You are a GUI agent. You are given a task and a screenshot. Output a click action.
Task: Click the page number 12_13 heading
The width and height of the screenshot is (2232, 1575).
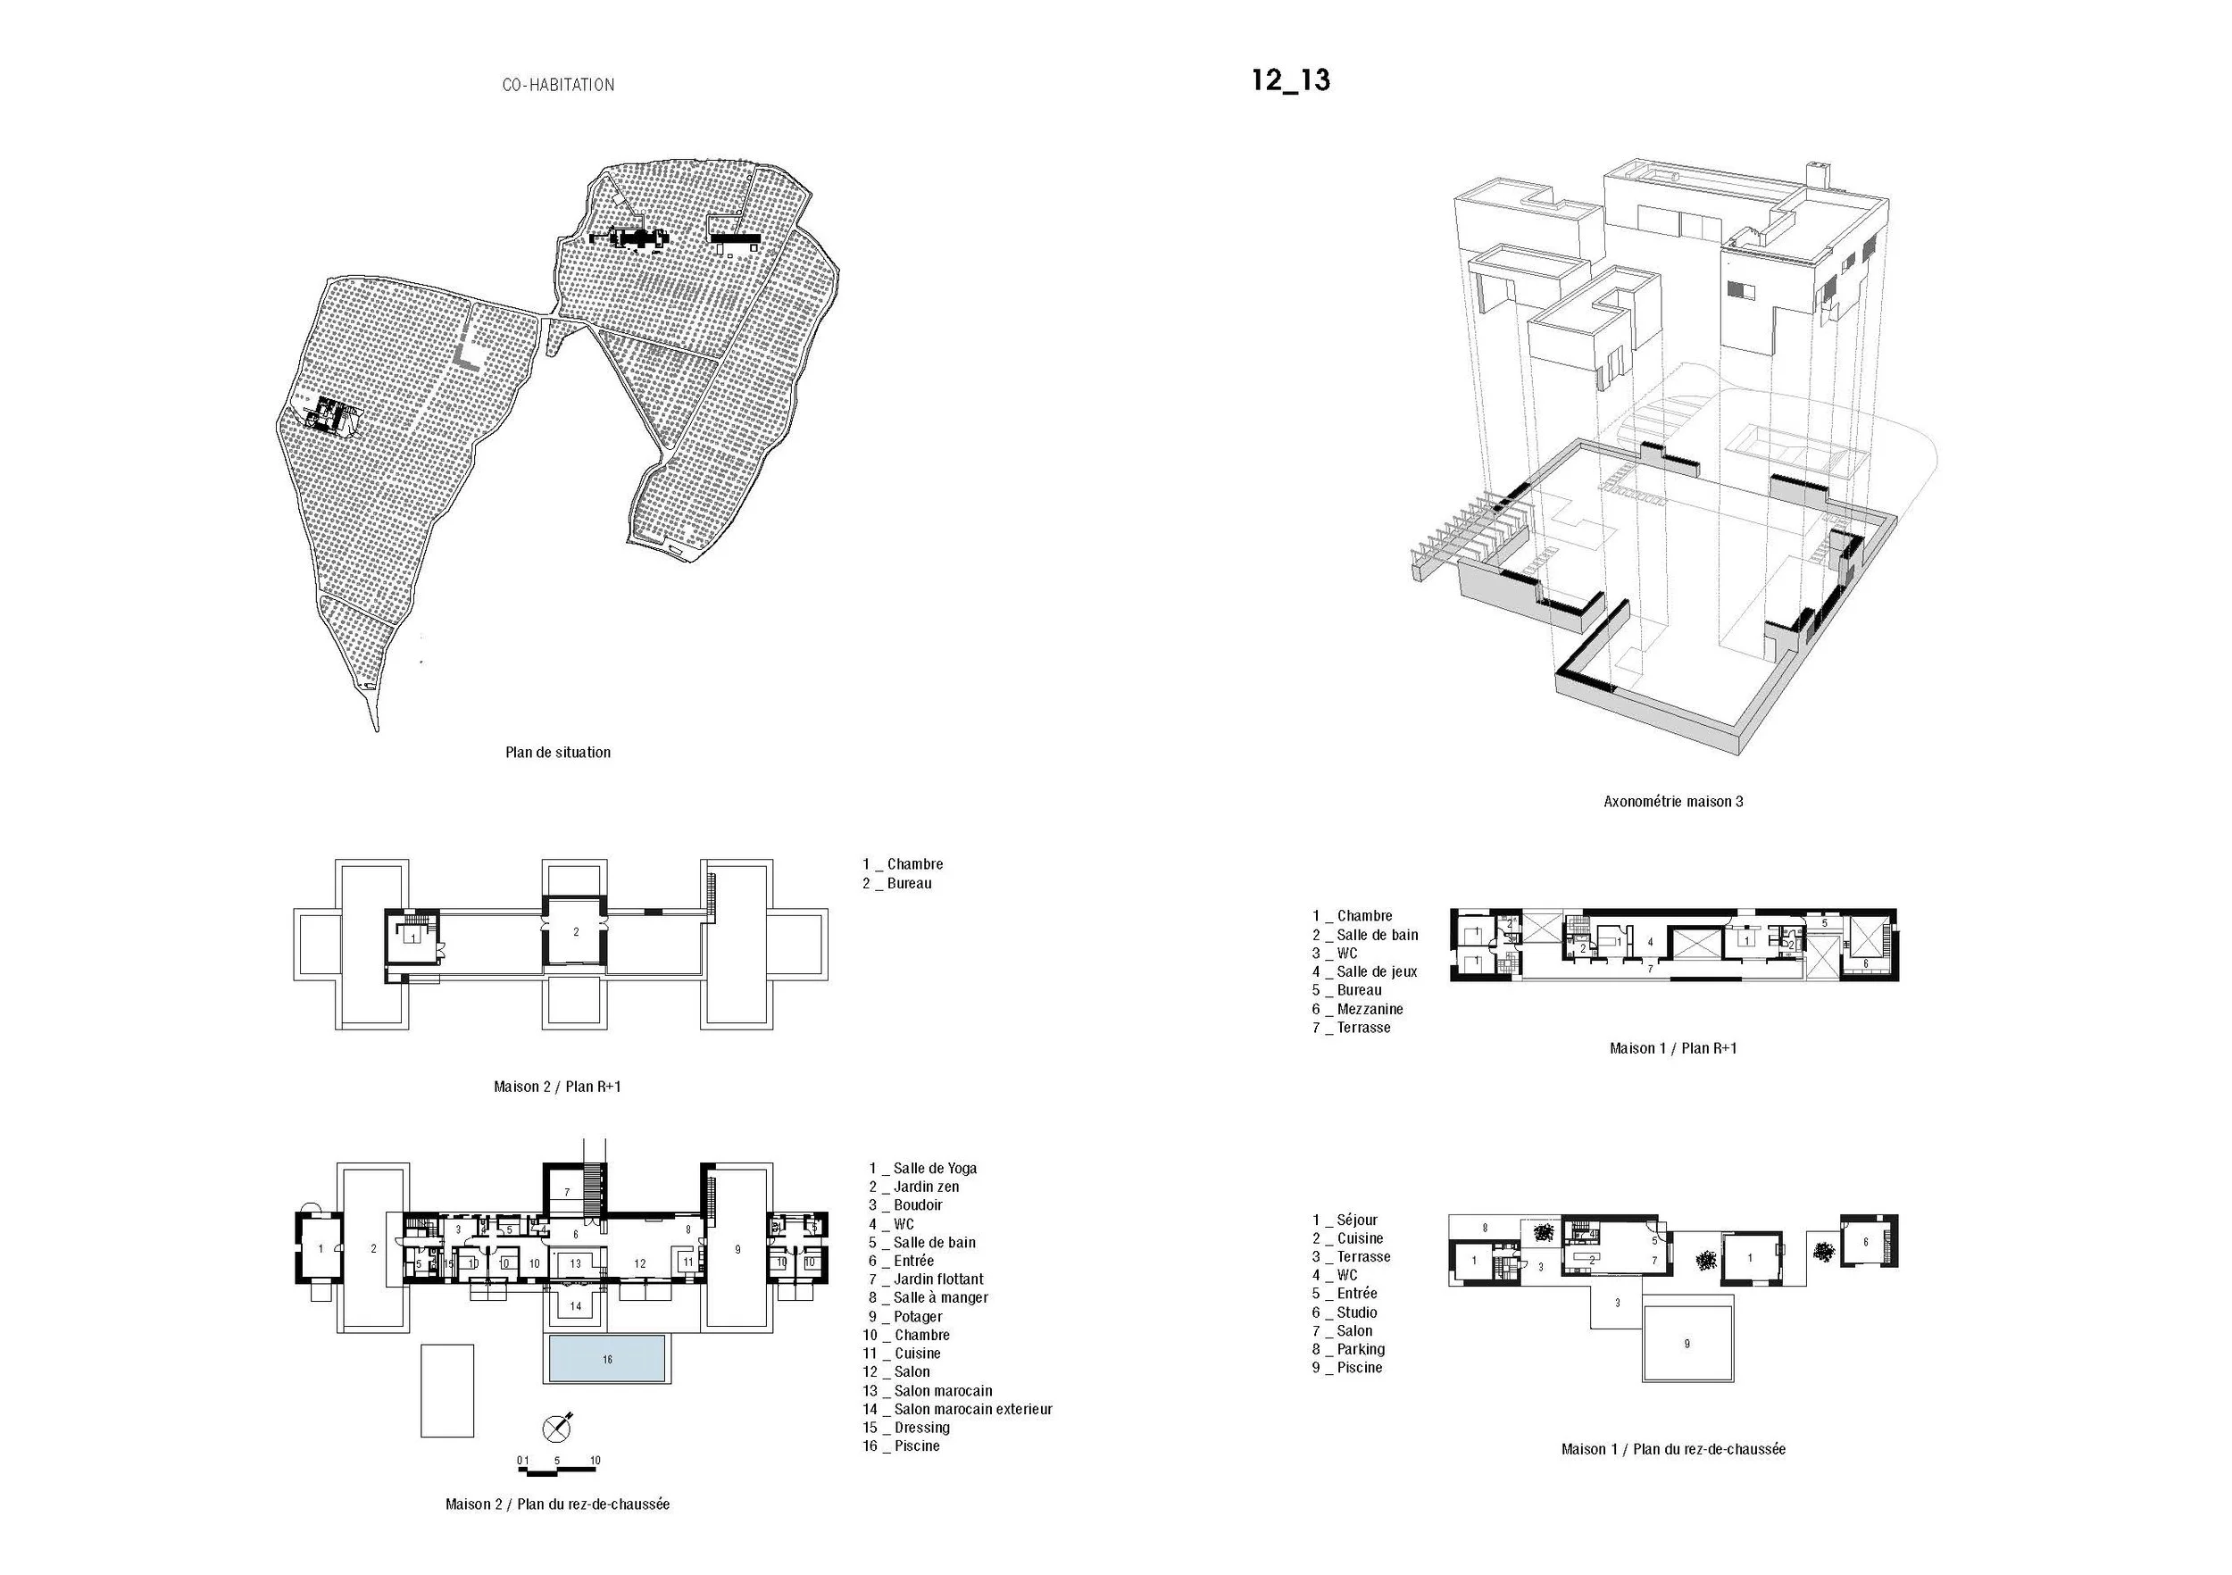point(1290,79)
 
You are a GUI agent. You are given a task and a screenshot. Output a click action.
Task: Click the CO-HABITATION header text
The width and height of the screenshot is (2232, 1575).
point(558,86)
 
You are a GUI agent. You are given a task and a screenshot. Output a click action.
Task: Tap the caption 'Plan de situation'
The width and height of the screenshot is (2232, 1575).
point(558,752)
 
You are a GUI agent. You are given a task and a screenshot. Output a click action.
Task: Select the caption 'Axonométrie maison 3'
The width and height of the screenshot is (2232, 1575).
point(1673,801)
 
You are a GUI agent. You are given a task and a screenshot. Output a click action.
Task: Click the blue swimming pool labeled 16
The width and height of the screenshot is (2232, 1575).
point(606,1358)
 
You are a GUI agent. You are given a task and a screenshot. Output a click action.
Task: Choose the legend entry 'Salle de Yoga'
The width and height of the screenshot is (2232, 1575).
point(933,1168)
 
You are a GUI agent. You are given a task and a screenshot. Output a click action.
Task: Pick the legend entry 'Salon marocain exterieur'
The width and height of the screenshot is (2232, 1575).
point(972,1409)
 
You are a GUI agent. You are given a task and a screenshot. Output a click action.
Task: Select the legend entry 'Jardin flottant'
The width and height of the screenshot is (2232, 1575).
point(937,1279)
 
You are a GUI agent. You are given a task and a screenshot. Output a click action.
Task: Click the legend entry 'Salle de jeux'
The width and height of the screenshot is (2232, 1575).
point(1376,971)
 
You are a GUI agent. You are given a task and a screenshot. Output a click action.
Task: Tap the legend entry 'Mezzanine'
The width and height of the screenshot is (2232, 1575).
point(1369,1009)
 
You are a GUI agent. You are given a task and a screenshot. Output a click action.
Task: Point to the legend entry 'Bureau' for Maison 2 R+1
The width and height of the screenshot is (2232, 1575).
point(908,883)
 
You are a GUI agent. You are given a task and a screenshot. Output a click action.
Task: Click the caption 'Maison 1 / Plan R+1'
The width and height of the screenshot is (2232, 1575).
point(1673,1048)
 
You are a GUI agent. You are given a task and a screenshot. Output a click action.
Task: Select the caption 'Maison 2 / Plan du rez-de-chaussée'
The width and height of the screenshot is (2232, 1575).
point(557,1504)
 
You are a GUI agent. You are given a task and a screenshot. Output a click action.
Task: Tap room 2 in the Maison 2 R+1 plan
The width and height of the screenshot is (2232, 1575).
point(576,931)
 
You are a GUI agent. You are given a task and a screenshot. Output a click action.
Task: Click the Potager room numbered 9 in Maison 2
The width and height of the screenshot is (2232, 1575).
point(737,1248)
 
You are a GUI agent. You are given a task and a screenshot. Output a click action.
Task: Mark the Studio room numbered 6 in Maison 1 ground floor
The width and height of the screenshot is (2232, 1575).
point(1866,1242)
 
